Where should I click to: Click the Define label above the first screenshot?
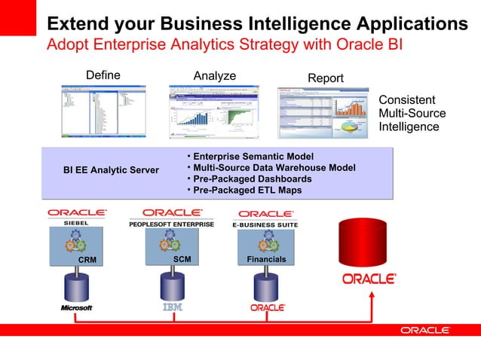point(103,75)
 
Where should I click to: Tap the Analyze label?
point(214,76)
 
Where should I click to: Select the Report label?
point(325,78)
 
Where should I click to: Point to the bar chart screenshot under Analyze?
point(214,111)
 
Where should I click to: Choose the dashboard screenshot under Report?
point(326,113)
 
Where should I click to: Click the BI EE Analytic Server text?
point(111,170)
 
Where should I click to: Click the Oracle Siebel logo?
point(77,217)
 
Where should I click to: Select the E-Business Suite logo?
point(265,218)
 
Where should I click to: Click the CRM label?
point(87,260)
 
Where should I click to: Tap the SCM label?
point(182,259)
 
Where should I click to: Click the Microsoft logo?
point(76,308)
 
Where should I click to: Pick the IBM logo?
point(173,308)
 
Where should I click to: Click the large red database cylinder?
point(369,240)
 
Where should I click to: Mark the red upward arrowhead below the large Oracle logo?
point(370,296)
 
